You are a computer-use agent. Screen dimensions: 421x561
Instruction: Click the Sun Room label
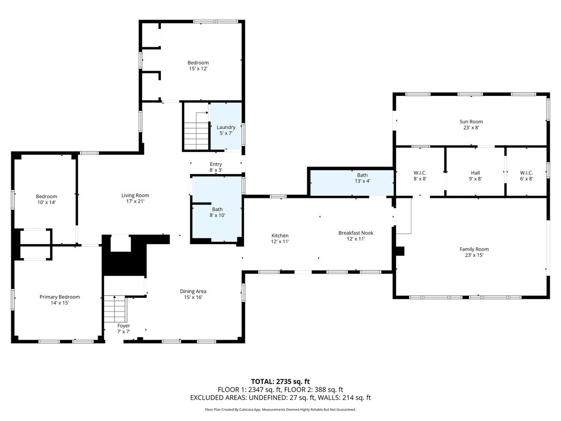tap(471, 122)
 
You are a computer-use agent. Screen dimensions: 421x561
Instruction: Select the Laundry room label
tap(226, 127)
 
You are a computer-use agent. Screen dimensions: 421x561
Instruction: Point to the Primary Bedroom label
tap(59, 297)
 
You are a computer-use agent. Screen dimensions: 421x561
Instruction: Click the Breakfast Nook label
tap(356, 232)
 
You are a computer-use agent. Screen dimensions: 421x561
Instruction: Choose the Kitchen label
tap(280, 235)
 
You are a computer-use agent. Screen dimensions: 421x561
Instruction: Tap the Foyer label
tap(123, 326)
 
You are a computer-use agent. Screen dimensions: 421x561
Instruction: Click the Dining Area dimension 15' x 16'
tap(193, 298)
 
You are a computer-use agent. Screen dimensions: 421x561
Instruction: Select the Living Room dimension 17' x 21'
tap(135, 202)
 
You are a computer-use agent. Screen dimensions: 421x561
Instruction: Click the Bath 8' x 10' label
tap(217, 210)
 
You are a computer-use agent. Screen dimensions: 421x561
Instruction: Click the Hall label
tap(475, 173)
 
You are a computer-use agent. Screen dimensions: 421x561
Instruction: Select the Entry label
tap(216, 164)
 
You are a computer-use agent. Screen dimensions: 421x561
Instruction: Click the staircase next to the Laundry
tap(196, 133)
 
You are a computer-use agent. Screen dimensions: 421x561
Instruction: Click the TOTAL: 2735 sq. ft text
tap(280, 381)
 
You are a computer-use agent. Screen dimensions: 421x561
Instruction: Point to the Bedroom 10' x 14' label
tap(47, 196)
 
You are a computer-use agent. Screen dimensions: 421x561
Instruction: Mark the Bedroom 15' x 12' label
tap(198, 63)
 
